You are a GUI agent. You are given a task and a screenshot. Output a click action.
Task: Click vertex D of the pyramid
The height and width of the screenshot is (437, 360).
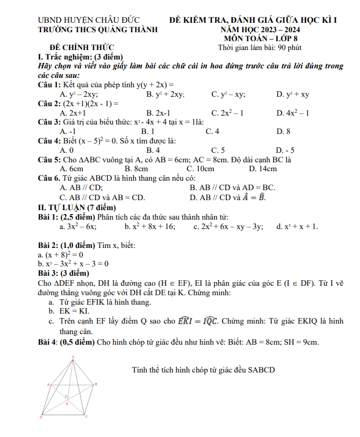click(42, 415)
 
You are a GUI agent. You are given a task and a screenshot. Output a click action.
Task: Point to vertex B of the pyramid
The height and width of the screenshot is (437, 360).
click(94, 384)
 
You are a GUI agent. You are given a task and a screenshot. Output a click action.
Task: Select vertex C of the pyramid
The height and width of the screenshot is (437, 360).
click(85, 415)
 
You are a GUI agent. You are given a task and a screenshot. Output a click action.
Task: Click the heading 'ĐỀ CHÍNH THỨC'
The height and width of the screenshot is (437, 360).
click(82, 48)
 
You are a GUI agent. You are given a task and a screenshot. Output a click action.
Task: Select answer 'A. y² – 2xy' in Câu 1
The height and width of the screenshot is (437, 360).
click(78, 94)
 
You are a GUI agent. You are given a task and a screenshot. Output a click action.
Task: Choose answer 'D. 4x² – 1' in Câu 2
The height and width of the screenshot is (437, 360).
click(293, 113)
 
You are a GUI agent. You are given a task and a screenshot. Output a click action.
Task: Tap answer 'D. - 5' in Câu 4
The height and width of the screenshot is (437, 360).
click(285, 150)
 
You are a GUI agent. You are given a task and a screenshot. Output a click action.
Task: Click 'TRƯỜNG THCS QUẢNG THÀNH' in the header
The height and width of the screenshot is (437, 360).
click(93, 30)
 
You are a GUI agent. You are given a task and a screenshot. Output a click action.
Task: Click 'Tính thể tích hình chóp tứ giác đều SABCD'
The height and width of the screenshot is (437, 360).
click(204, 369)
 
